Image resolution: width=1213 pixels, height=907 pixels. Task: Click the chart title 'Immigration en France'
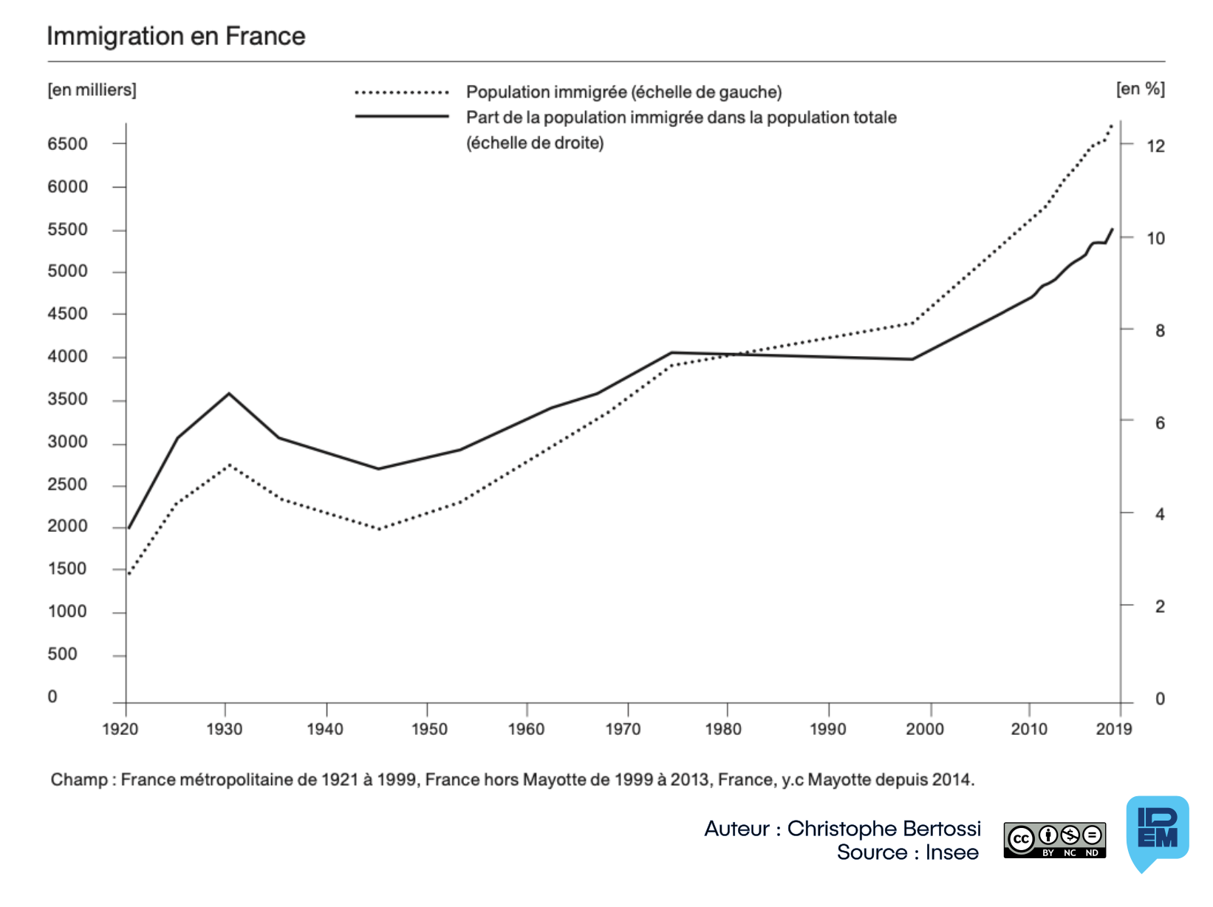point(176,36)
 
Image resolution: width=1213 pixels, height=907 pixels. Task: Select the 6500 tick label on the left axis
point(67,144)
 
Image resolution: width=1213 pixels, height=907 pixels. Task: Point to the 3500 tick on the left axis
point(67,400)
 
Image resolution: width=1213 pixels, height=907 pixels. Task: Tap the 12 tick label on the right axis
point(1155,146)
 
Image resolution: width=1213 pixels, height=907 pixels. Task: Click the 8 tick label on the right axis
point(1160,331)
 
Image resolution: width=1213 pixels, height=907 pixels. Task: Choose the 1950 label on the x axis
point(429,730)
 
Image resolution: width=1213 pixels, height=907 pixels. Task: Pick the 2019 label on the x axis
point(1114,730)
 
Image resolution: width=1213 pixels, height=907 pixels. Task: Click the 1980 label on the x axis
point(723,730)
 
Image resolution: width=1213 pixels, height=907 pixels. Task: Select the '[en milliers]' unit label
point(92,90)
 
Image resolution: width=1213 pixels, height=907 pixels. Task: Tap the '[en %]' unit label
point(1141,89)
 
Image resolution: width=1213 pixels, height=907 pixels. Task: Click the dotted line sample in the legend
point(402,92)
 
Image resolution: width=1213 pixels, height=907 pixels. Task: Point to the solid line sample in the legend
point(402,117)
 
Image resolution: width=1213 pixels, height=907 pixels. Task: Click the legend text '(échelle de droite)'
point(535,143)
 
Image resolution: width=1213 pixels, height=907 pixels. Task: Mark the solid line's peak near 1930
point(229,394)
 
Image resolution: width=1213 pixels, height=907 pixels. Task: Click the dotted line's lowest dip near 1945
point(379,529)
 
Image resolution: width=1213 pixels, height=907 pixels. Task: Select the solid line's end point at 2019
point(1113,229)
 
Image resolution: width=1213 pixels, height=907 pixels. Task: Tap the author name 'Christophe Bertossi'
point(884,829)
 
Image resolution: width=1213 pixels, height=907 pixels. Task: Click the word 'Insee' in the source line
point(951,852)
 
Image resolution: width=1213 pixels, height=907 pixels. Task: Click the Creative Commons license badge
point(1054,841)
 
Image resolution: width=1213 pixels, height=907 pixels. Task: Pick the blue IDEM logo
point(1157,831)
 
